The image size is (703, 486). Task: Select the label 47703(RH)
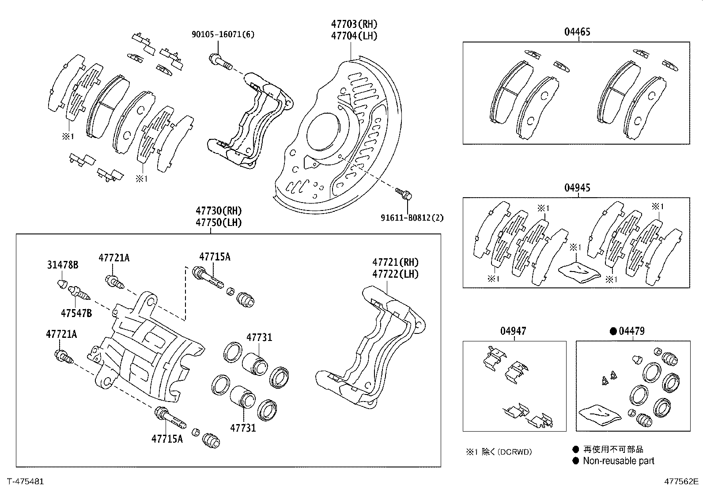click(x=354, y=24)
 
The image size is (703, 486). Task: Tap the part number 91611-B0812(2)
click(x=412, y=218)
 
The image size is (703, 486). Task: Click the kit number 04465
click(x=577, y=32)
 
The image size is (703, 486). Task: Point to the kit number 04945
click(x=577, y=188)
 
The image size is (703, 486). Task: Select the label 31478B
click(x=63, y=265)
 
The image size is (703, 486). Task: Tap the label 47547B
click(x=76, y=313)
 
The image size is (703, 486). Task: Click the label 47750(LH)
click(x=219, y=222)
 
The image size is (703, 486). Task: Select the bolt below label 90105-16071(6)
click(x=219, y=61)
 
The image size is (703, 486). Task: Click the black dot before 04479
click(x=613, y=331)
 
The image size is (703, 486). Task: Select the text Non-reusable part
click(x=618, y=461)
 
